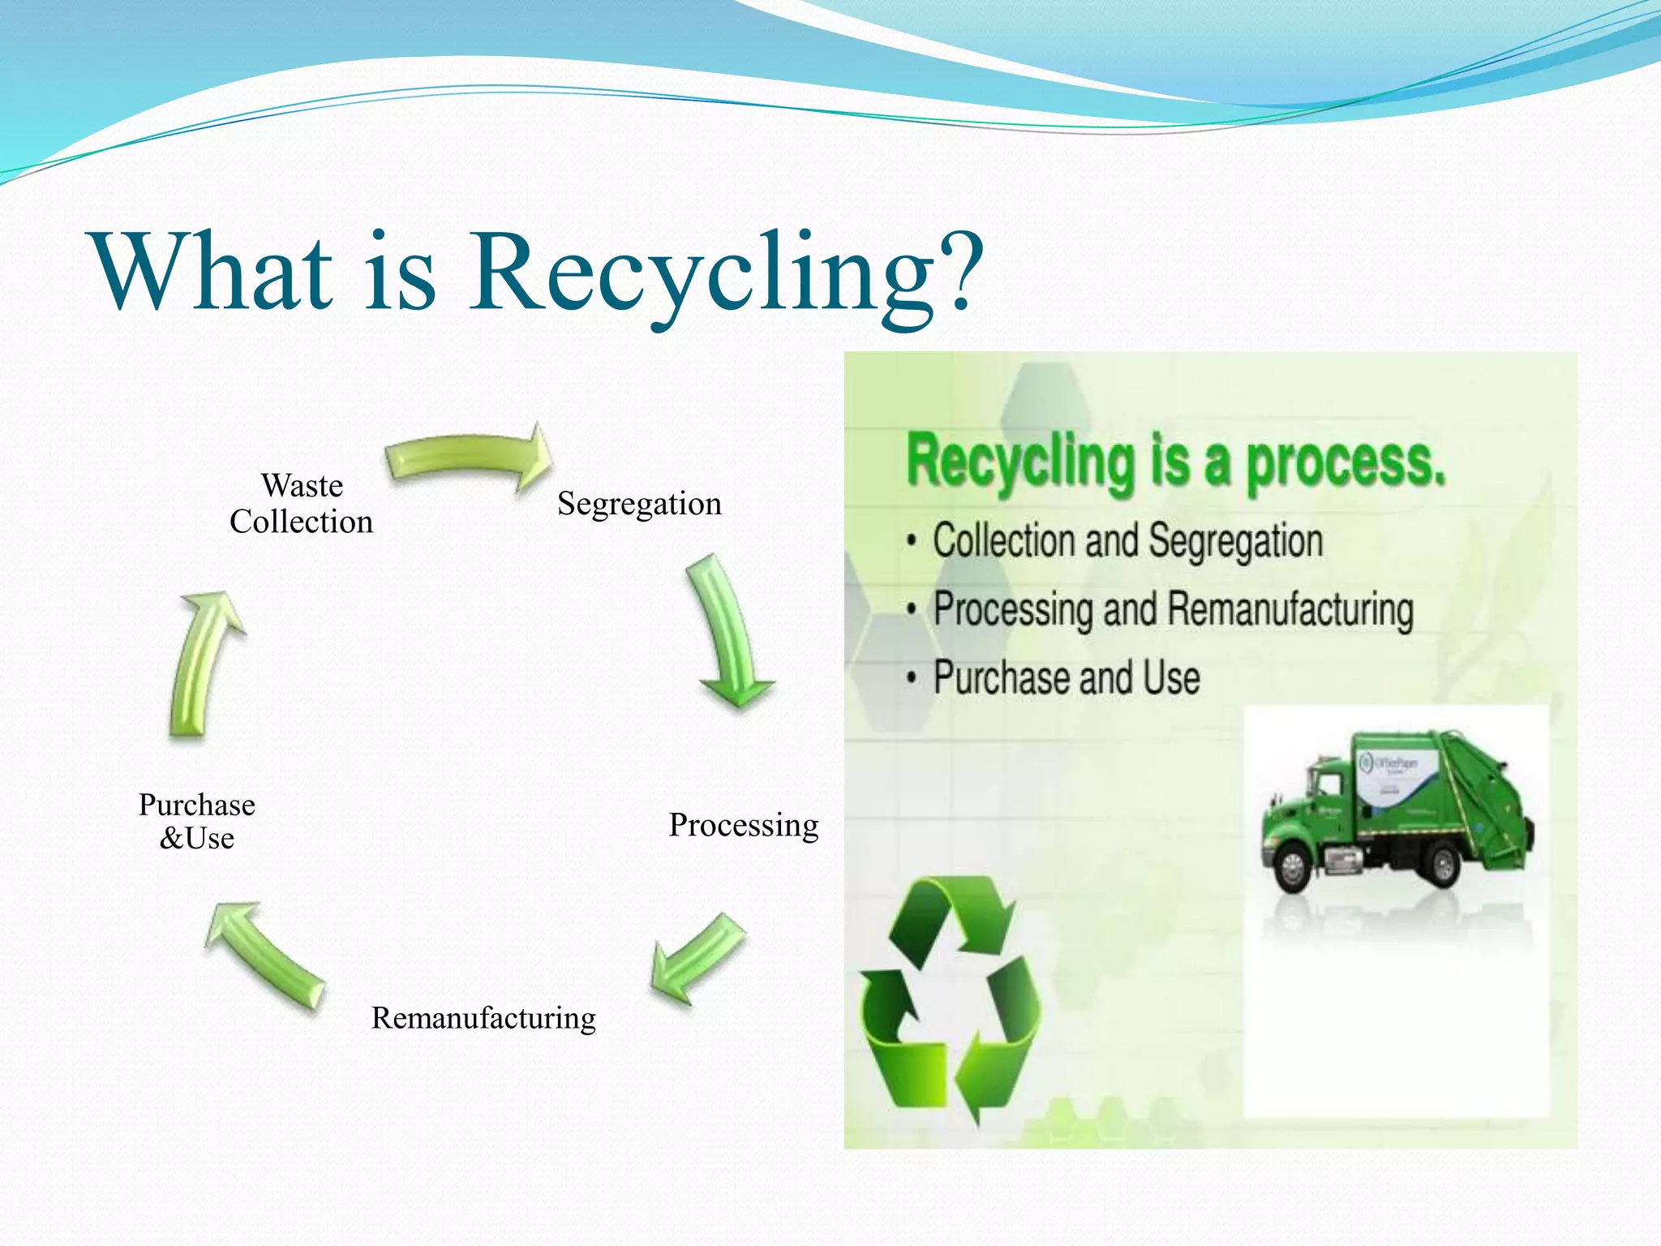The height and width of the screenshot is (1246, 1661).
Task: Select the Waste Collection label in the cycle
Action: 301,503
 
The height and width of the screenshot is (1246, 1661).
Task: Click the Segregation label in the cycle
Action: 639,504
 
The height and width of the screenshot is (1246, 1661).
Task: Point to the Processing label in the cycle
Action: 743,825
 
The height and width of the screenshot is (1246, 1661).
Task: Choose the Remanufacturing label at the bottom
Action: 483,1017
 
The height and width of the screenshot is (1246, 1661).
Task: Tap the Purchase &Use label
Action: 197,821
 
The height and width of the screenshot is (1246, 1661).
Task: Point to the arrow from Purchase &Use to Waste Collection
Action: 203,661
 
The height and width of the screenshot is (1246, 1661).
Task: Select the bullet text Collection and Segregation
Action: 1127,541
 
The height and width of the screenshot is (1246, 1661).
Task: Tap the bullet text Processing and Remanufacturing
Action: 1173,609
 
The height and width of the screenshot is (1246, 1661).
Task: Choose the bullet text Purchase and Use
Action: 1066,677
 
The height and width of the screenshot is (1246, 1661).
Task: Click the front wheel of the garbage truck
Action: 1292,868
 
